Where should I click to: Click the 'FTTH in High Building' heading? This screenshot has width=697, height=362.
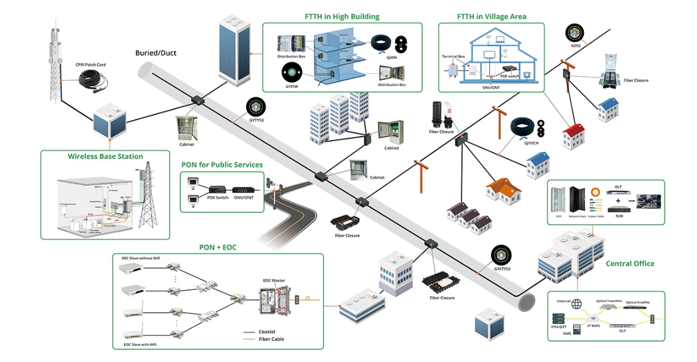(x=342, y=17)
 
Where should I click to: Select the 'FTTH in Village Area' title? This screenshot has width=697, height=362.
(x=492, y=17)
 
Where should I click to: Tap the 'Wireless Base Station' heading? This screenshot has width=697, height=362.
(x=105, y=156)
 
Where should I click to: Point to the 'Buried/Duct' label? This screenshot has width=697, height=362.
(x=156, y=53)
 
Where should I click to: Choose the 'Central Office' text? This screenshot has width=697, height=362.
(x=630, y=263)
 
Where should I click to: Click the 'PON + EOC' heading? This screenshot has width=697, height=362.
(x=218, y=247)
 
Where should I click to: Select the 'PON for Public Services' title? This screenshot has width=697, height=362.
(x=222, y=165)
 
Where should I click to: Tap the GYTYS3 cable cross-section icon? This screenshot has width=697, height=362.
(x=255, y=106)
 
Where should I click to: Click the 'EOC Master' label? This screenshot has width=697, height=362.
(x=274, y=281)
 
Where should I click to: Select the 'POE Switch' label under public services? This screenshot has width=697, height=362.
(x=218, y=198)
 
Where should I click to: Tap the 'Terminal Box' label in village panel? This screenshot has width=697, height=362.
(x=453, y=57)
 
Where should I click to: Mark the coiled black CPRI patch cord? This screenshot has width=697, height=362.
(x=95, y=81)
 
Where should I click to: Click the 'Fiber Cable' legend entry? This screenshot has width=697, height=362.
(x=271, y=339)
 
